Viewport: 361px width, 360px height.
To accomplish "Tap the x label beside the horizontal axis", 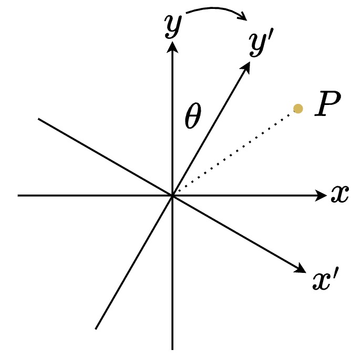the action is click(340, 195).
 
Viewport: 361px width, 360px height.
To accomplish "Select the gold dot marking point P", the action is click(298, 109).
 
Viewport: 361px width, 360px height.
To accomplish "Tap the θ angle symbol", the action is click(192, 119).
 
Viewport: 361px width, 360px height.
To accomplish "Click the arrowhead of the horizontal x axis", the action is click(322, 196).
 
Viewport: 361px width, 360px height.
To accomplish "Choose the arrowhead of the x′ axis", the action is click(301, 269).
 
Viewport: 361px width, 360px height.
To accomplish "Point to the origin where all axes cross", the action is click(172, 196).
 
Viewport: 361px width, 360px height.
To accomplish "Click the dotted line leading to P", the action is click(236, 151).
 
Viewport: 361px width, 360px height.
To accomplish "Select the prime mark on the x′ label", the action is click(335, 276).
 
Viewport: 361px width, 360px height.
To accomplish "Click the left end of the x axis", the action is click(18, 196).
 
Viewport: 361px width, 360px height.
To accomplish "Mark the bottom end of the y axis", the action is click(172, 348).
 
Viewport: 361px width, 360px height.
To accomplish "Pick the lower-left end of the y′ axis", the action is click(96, 329).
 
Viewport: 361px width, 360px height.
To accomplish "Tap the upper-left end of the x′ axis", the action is click(39, 119).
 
